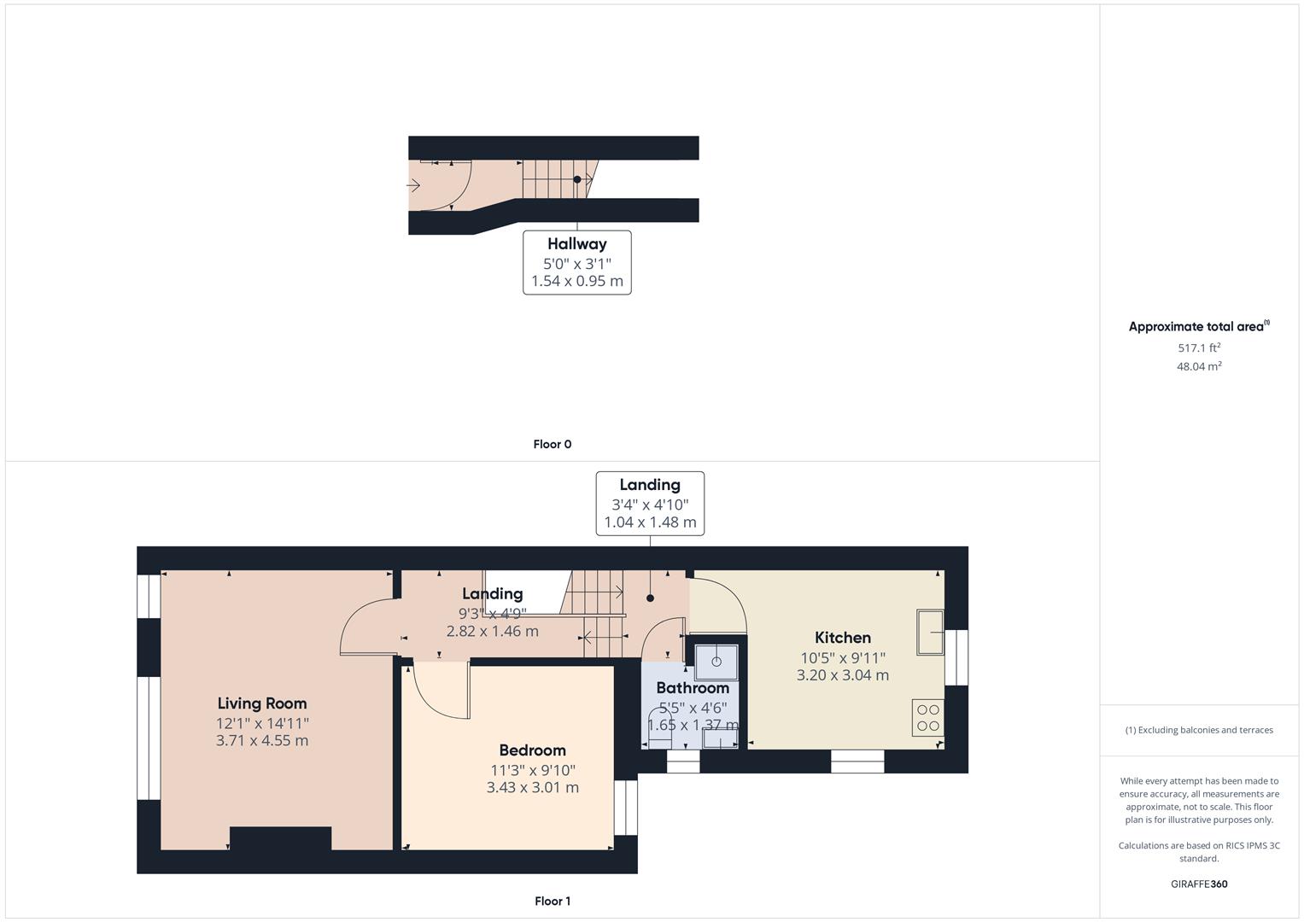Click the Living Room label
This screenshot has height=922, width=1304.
click(261, 703)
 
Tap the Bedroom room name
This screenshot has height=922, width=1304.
click(532, 750)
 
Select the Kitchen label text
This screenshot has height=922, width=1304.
click(842, 638)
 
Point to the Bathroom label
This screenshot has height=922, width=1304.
click(692, 688)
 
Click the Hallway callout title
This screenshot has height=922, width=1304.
click(576, 244)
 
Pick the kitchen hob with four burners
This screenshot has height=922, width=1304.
click(927, 717)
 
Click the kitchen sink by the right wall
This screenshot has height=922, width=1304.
click(929, 632)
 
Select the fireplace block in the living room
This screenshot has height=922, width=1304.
click(280, 838)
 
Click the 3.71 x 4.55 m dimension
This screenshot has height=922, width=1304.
click(261, 741)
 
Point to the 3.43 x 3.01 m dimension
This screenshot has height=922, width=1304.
click(532, 788)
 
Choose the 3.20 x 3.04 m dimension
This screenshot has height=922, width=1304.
click(842, 675)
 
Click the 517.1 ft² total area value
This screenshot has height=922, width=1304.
click(1198, 348)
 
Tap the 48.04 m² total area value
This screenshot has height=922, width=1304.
click(1198, 367)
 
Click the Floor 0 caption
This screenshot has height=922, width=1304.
click(552, 445)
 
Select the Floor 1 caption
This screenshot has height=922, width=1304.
click(552, 902)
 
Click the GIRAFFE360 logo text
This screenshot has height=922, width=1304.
click(1198, 884)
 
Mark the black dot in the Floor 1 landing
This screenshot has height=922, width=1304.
click(650, 598)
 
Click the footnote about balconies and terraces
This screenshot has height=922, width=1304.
click(1198, 731)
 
